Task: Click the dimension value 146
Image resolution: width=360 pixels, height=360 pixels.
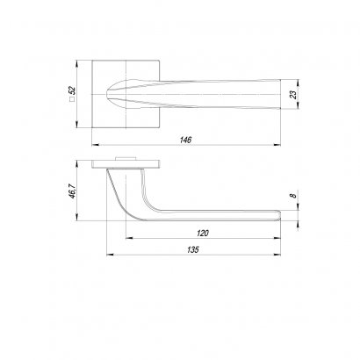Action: (x=185, y=140)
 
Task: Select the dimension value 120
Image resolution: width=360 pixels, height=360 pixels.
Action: (x=203, y=234)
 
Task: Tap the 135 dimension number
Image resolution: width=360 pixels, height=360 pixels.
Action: (x=193, y=249)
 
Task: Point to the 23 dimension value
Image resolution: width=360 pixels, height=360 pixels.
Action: (x=293, y=94)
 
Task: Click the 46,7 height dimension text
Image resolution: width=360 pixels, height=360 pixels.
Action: (x=72, y=191)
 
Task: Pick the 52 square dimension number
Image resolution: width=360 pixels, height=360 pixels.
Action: (x=72, y=90)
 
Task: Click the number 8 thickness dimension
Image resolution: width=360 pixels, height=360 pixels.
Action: (x=293, y=196)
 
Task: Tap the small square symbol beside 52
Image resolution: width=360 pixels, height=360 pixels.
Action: (x=72, y=99)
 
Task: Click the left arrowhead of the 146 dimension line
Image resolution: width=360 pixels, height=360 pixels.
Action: (x=96, y=145)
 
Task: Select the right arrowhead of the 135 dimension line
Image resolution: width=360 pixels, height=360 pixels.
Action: (x=277, y=255)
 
